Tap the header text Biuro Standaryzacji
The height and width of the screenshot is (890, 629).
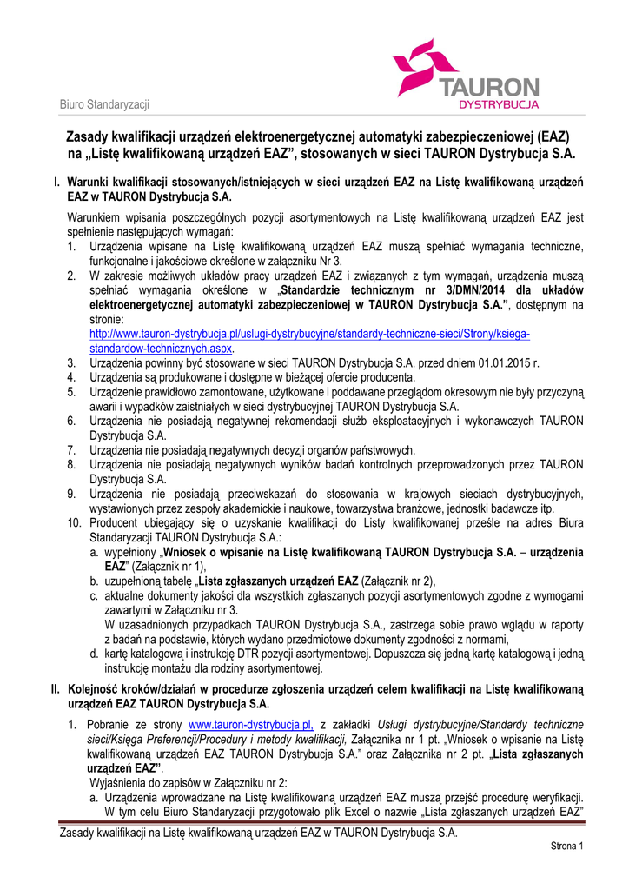tap(104, 105)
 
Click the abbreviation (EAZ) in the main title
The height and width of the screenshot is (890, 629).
tap(553, 137)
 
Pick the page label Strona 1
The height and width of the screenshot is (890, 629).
tap(567, 847)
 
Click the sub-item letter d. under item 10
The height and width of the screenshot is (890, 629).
tap(94, 654)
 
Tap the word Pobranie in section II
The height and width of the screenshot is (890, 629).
tap(111, 724)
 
